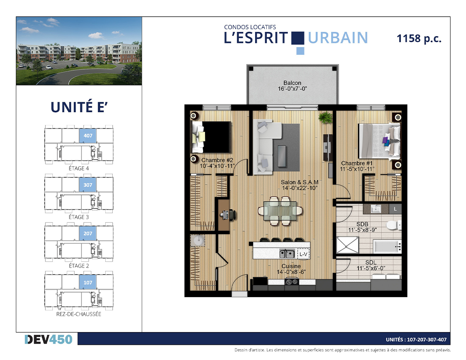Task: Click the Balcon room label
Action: click(x=292, y=83)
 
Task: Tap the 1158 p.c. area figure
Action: click(x=419, y=38)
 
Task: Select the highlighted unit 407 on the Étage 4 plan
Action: click(x=88, y=136)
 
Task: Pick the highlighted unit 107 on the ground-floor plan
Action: click(x=88, y=282)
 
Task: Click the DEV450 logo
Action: click(x=49, y=339)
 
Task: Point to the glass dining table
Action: click(x=280, y=211)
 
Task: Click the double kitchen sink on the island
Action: click(x=287, y=254)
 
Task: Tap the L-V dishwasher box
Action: click(x=303, y=254)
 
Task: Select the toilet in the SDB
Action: click(x=394, y=225)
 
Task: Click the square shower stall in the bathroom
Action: click(x=348, y=245)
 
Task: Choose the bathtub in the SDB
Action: click(x=387, y=247)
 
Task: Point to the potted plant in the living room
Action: click(x=325, y=118)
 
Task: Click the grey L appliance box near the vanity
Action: click(x=395, y=209)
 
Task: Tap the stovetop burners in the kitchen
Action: click(x=292, y=281)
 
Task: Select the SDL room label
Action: click(x=371, y=262)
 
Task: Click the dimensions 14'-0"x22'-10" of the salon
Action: click(x=299, y=188)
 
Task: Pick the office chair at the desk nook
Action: click(x=232, y=214)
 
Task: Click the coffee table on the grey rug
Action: click(x=282, y=156)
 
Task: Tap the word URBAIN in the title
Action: click(x=338, y=38)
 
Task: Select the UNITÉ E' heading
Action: click(x=79, y=107)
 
